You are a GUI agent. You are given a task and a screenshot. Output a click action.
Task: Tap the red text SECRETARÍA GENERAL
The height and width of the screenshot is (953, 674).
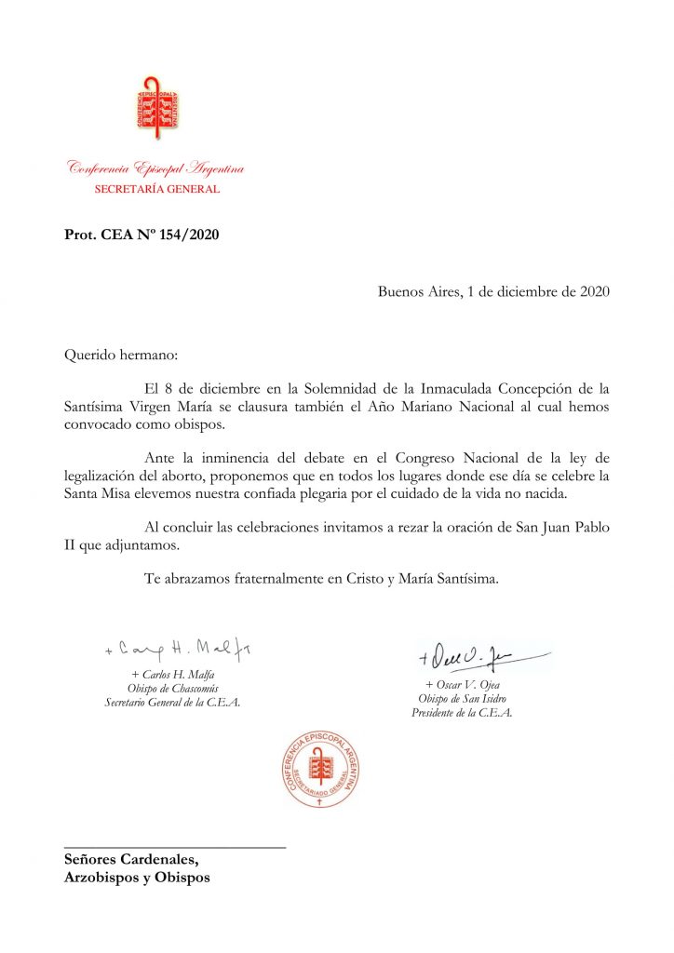pyautogui.click(x=157, y=189)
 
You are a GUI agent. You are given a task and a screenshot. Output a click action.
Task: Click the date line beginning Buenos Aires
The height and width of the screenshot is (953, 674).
pyautogui.click(x=493, y=290)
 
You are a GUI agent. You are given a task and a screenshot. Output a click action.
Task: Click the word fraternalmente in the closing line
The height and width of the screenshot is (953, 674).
pyautogui.click(x=270, y=578)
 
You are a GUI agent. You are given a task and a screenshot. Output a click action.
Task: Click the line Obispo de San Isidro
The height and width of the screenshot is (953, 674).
pyautogui.click(x=462, y=699)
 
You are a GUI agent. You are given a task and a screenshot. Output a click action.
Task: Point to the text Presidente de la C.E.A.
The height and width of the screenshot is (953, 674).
pyautogui.click(x=462, y=713)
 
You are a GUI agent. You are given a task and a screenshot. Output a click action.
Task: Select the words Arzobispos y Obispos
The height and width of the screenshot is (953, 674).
pyautogui.click(x=137, y=878)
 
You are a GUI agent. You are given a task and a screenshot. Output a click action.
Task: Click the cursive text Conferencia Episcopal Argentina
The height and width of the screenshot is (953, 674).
pyautogui.click(x=155, y=168)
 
